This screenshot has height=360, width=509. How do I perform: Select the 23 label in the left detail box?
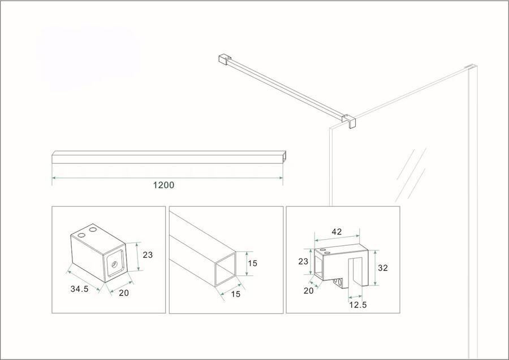[148, 255]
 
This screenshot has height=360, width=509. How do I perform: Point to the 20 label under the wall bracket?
[124, 293]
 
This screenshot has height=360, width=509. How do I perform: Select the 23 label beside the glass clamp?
[303, 261]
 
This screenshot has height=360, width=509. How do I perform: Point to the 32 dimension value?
[383, 268]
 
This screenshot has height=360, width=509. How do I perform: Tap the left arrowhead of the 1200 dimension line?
[54, 177]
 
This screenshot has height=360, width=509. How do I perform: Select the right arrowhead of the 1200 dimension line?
[281, 177]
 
